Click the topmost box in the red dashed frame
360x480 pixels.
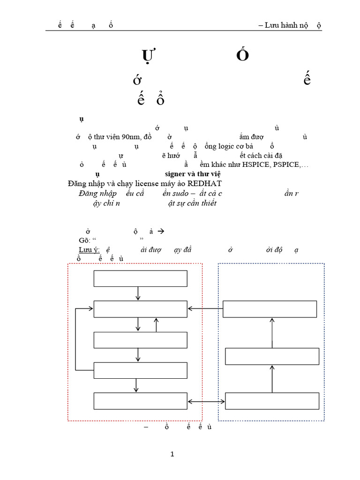coord(140,278)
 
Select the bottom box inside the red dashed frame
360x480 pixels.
coord(140,401)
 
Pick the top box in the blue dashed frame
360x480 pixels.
coord(270,309)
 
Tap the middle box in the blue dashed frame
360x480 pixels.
coord(272,356)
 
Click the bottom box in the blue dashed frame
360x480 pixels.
coord(272,401)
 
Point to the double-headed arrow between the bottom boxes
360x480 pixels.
coord(206,401)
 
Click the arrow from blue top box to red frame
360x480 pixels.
coord(205,308)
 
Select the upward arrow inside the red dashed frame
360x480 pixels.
coord(156,324)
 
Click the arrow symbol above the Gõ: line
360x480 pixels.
coord(161,231)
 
